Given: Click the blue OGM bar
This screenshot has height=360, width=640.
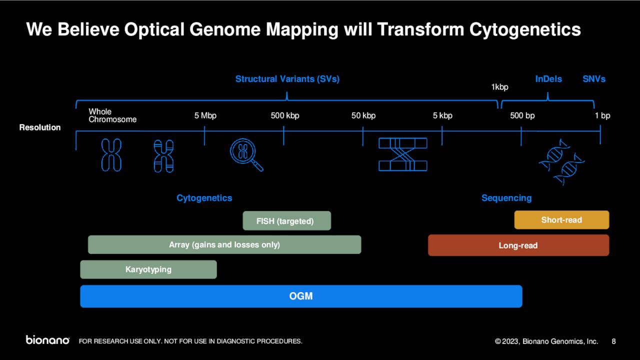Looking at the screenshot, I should coord(301,296).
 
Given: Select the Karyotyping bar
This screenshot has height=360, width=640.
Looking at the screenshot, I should coord(148,269).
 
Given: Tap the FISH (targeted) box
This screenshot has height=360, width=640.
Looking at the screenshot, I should coord(286,220).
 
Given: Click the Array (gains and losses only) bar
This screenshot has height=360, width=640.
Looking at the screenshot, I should coord(224,244).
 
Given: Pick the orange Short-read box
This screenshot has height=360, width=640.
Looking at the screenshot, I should coord(561,220).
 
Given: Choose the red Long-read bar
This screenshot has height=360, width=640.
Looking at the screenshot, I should coord(518,245).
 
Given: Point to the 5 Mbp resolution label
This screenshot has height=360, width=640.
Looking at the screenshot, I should coord(205,115).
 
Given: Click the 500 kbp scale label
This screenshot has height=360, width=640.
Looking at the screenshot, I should coord(285,115).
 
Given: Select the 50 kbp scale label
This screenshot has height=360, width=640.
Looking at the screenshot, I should coord(363,115).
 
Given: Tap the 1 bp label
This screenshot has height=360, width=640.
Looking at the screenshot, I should coord(602,115).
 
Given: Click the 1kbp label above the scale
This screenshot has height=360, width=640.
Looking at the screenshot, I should coord(499,87).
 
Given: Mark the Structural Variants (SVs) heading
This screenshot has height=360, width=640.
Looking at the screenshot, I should coord(287,79).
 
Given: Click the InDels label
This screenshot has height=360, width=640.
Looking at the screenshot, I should coord(548,79).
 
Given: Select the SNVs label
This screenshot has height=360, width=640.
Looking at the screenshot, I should coord(593,79).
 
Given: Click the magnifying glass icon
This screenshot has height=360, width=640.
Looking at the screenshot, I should coord(246,154).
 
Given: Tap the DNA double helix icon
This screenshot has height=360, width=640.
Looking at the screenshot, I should coord(562,161).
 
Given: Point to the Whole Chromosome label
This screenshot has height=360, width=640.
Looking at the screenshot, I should coord(112,115).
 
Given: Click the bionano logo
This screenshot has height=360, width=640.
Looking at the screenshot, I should coord(47,340).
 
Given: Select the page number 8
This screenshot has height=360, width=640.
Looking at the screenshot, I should coord(613,341).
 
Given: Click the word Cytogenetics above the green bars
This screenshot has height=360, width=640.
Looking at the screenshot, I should coord(204,198).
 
